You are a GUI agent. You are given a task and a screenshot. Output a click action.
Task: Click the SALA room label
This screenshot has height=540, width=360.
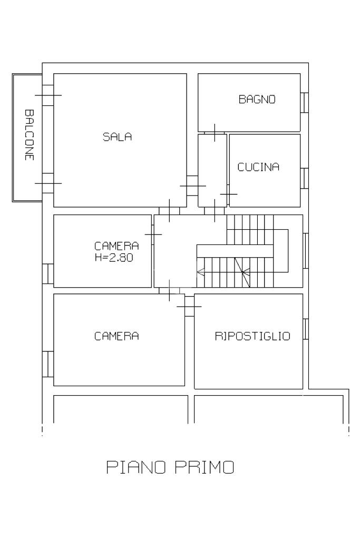pyautogui.click(x=117, y=137)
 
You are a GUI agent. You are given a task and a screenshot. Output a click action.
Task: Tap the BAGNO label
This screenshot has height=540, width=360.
pyautogui.click(x=257, y=100)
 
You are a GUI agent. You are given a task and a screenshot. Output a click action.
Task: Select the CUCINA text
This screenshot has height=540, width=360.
pyautogui.click(x=258, y=167)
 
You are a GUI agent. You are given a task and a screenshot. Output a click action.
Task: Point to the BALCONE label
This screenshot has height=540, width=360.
pyautogui.click(x=30, y=135)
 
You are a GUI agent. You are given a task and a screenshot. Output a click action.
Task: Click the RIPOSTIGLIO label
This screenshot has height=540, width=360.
pyautogui.click(x=252, y=336)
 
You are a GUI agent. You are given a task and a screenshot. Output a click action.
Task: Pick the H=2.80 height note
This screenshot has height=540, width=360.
pyautogui.click(x=114, y=257)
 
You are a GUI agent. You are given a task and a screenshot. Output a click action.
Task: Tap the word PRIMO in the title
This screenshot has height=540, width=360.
pyautogui.click(x=205, y=467)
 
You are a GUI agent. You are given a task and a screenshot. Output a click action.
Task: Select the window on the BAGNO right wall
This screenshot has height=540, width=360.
pyautogui.click(x=304, y=102)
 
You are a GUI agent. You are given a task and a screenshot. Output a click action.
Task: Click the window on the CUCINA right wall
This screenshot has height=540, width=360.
pyautogui.click(x=304, y=178)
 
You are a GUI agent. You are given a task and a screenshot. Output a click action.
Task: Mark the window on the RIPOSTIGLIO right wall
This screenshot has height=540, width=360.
pyautogui.click(x=306, y=329)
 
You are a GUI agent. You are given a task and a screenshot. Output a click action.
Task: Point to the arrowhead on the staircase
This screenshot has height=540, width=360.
pyautogui.click(x=200, y=272)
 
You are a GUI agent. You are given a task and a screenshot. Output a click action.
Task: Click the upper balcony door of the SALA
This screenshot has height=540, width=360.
pyautogui.click(x=48, y=95)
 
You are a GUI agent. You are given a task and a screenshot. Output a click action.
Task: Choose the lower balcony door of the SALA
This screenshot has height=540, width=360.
pyautogui.click(x=48, y=183)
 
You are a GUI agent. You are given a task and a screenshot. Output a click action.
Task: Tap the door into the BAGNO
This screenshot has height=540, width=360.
pyautogui.click(x=215, y=133)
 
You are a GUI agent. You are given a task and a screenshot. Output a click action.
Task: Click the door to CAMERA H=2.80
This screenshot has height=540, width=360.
pyautogui.click(x=153, y=234)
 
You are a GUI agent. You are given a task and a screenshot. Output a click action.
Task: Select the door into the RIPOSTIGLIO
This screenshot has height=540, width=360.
pyautogui.click(x=189, y=306)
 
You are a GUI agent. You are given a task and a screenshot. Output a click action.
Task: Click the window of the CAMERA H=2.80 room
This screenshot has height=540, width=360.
pyautogui.click(x=48, y=274)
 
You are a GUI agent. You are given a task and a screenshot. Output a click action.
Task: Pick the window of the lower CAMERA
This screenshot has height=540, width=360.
pyautogui.click(x=48, y=364)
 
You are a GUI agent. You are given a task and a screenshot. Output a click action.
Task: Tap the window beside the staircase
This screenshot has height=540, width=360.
pyautogui.click(x=306, y=251)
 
